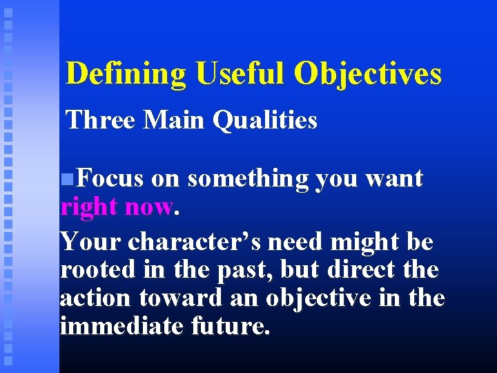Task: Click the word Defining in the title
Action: pyautogui.click(x=126, y=74)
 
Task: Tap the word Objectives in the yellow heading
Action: pyautogui.click(x=368, y=74)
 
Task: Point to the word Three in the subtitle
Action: pyautogui.click(x=101, y=120)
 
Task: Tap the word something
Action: pyautogui.click(x=248, y=179)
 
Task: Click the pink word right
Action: pyautogui.click(x=87, y=207)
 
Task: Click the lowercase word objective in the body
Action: pyautogui.click(x=322, y=298)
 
